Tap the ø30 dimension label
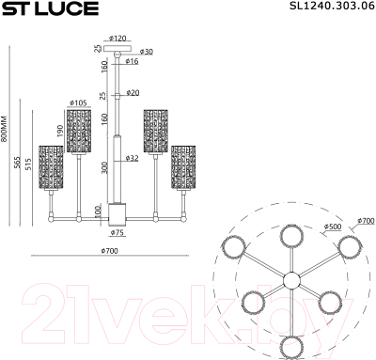click(147, 51)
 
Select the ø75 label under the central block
click(118, 231)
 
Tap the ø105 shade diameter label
click(78, 102)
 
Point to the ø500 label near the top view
click(331, 226)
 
